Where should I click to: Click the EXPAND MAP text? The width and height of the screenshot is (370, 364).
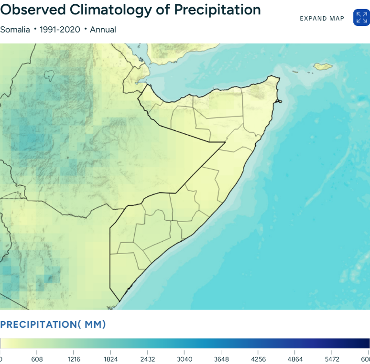click(322, 18)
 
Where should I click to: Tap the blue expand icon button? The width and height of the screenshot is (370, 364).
click(361, 18)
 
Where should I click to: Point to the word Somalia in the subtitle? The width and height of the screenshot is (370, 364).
click(15, 30)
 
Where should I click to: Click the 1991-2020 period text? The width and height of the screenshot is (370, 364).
click(59, 30)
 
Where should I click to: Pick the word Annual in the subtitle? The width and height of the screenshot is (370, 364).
click(103, 30)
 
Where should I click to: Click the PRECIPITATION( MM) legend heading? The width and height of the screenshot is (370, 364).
click(53, 325)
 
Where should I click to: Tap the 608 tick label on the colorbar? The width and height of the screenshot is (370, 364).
click(37, 359)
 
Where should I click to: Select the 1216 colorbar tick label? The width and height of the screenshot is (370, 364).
click(74, 359)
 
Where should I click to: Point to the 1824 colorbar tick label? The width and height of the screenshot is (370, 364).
click(111, 359)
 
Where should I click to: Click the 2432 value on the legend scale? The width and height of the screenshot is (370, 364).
click(148, 359)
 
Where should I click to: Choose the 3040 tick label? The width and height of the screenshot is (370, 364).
click(185, 359)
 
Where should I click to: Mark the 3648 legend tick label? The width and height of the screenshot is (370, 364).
click(221, 359)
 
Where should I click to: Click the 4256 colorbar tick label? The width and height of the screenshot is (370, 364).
click(258, 359)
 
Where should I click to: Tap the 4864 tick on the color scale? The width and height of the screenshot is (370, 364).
click(295, 359)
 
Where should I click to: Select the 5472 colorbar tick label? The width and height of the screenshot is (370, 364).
click(332, 359)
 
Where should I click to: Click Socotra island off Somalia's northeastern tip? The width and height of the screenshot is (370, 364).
click(323, 66)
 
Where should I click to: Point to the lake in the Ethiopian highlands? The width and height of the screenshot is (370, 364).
click(49, 75)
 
